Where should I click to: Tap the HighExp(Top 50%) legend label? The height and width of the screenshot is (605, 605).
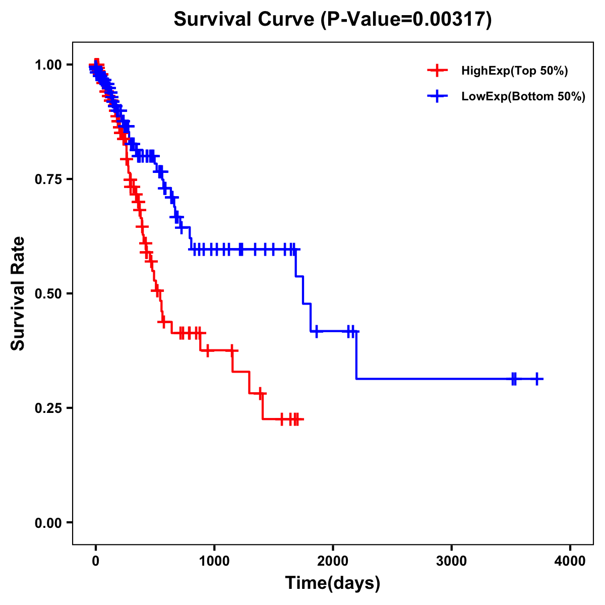point(514,71)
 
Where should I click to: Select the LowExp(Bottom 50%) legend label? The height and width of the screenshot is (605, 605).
point(523,96)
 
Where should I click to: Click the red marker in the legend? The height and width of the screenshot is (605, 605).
point(437,71)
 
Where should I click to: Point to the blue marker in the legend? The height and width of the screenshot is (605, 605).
point(437,96)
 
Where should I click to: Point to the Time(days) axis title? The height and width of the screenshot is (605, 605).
point(333,583)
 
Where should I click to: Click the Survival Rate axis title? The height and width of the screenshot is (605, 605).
point(18,293)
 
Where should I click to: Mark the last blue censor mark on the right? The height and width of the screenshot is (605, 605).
point(537,379)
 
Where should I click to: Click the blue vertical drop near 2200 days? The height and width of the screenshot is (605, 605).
point(356,355)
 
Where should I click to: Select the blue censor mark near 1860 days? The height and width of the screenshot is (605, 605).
point(316,331)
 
